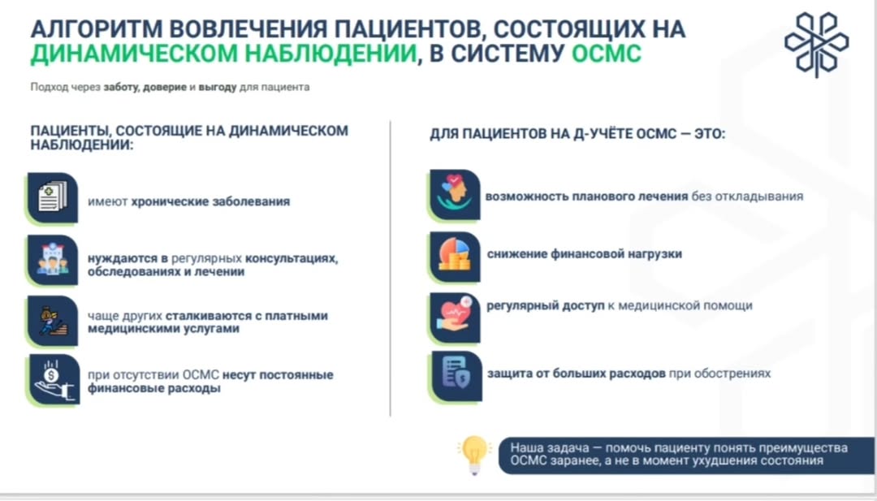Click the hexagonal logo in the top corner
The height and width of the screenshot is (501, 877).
coord(817,44)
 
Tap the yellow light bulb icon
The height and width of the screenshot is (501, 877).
coord(473,455)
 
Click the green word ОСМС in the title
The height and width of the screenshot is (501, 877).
coord(607,54)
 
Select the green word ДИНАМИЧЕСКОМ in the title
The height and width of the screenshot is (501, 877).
coord(134,54)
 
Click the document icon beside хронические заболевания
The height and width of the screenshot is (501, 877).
coord(53,198)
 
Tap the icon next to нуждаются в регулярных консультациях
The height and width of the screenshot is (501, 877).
coord(53,260)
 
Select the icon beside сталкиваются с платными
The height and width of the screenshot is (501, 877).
coord(53,321)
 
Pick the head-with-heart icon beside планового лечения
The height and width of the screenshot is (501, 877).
coord(455,195)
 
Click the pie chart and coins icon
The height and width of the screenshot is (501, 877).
coord(455,257)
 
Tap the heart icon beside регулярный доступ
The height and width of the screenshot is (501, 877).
coord(455,317)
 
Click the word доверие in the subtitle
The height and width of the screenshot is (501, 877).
coord(164,87)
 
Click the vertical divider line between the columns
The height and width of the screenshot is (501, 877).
coord(391,269)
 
